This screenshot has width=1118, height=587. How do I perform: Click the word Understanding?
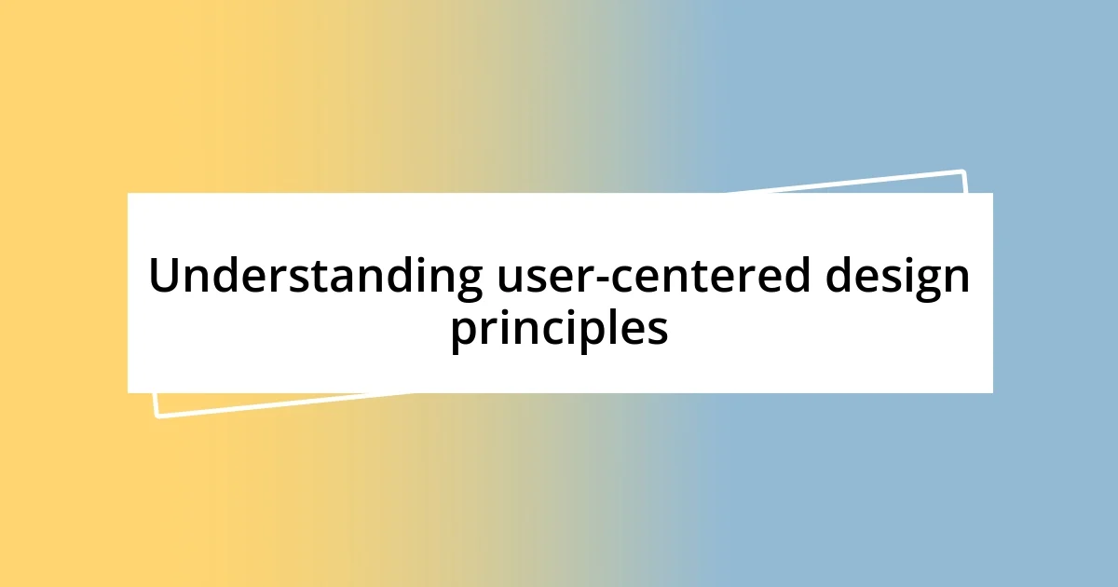tap(316, 277)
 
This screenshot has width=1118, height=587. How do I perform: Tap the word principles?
tap(559, 328)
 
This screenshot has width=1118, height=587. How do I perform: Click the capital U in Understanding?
tap(164, 276)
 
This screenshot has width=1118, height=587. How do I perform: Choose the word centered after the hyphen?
tap(702, 277)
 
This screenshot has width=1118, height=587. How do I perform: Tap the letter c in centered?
tap(633, 280)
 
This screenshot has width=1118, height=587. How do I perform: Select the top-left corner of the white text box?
tap(129, 194)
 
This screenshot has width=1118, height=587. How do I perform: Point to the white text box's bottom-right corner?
tap(991, 391)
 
